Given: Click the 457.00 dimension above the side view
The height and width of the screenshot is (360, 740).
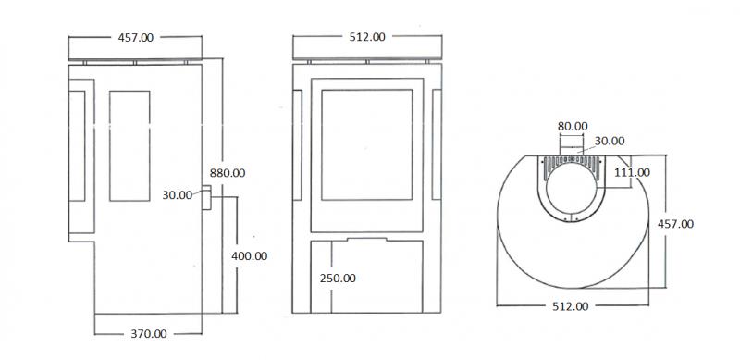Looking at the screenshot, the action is click(135, 38).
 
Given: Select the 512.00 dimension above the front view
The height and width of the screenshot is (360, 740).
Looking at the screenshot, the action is click(367, 37).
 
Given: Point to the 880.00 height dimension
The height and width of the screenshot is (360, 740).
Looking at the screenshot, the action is click(228, 173).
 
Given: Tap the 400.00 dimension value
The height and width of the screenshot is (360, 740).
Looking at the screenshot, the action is click(249, 256).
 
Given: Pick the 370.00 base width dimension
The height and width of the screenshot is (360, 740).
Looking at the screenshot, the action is click(149, 334).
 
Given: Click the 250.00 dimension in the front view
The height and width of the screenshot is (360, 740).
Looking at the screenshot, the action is click(338, 279).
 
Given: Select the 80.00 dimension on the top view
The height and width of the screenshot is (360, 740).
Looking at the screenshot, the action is click(573, 126).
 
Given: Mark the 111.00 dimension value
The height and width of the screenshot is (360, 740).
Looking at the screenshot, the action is click(632, 172).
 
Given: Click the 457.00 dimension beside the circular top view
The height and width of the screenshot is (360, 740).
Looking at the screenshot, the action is click(675, 224).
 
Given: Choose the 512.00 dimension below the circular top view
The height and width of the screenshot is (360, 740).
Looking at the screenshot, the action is click(571, 306).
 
